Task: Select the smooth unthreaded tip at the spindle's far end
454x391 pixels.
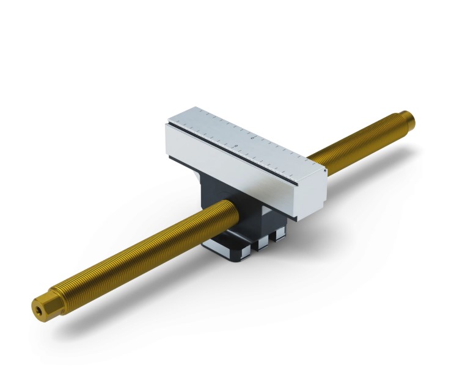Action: (x=407, y=116)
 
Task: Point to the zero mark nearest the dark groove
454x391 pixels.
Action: (x=236, y=146)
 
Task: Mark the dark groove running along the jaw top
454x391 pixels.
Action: (x=244, y=153)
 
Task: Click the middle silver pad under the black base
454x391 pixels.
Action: (x=263, y=240)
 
